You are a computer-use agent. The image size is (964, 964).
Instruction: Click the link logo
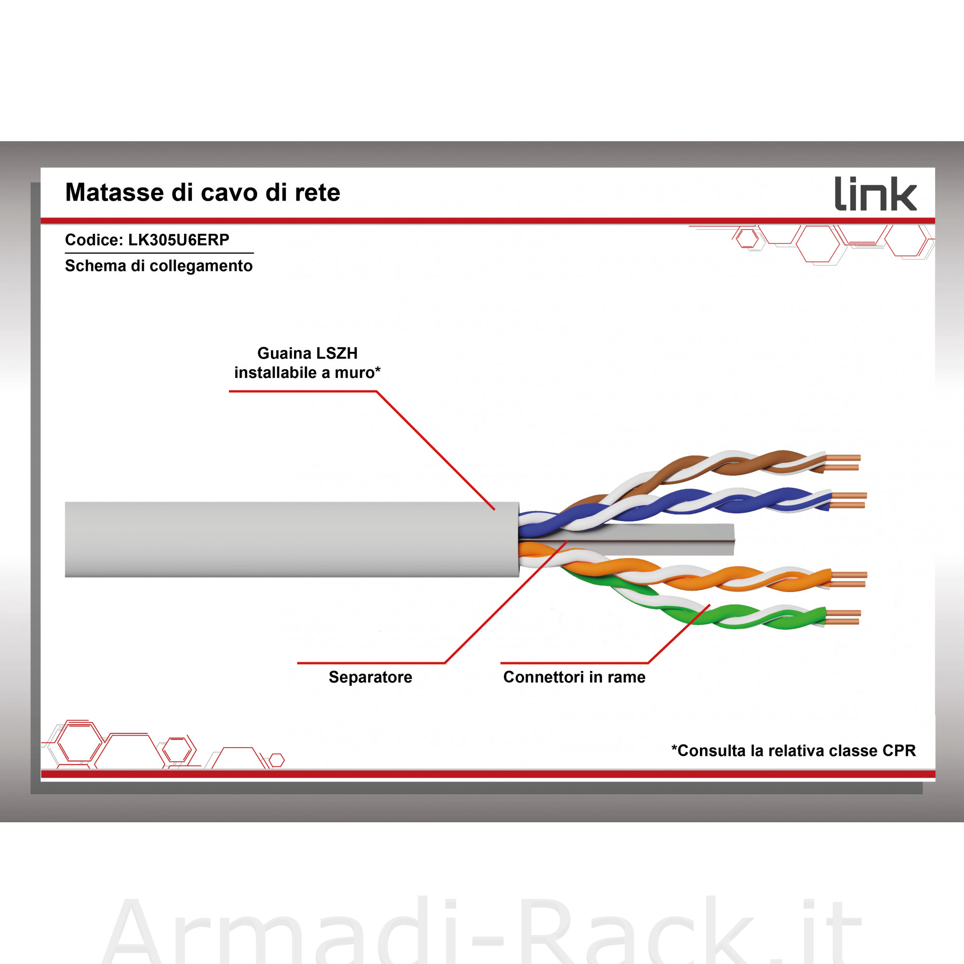pos(876,194)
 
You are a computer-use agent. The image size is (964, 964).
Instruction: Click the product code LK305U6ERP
pos(179,240)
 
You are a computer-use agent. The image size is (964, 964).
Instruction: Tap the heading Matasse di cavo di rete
pos(202,192)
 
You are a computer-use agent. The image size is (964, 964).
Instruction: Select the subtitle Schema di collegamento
pos(159,266)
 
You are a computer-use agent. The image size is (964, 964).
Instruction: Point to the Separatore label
pos(370,677)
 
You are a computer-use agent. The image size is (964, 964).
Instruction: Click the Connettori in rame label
pos(575,677)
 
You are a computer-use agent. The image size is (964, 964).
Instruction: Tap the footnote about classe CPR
pos(793,750)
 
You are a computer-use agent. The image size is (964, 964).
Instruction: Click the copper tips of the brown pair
pos(842,463)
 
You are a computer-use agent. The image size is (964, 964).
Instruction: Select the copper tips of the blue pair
pos(848,500)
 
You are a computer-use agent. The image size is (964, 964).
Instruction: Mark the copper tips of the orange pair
pos(848,579)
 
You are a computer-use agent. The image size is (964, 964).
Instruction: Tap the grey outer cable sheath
pos(292,539)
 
